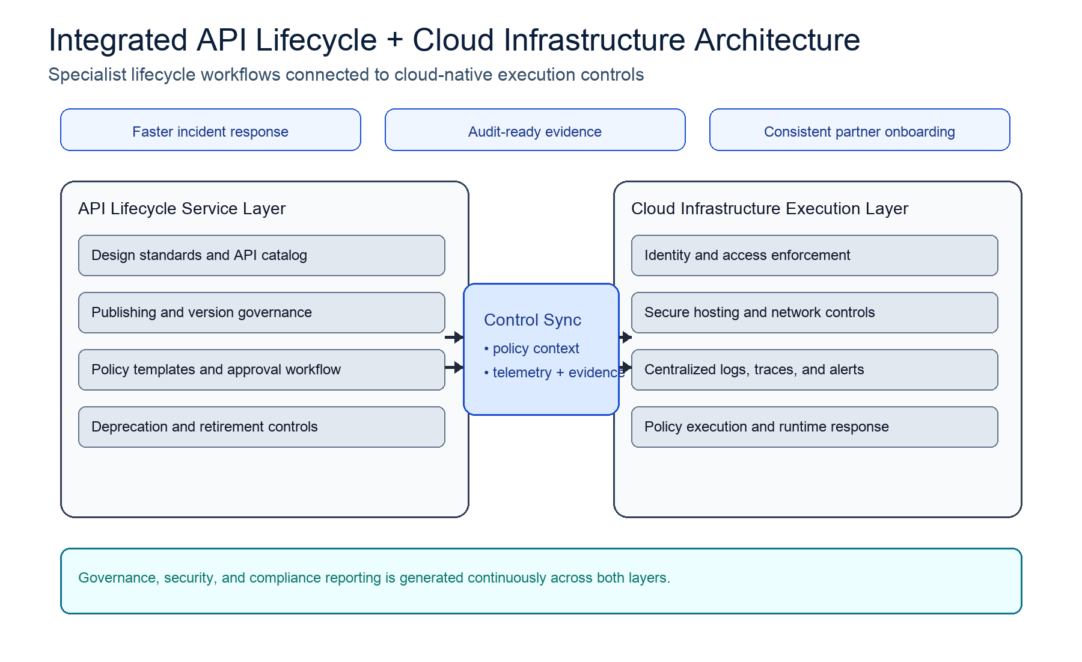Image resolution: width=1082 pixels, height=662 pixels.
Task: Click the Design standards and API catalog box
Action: point(261,255)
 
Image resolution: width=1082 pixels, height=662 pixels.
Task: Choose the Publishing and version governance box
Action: point(261,312)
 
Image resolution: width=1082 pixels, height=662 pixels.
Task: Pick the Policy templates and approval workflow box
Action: point(261,370)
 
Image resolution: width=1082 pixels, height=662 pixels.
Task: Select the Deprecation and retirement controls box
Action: point(261,427)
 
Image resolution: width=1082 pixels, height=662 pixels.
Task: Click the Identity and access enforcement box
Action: point(815,255)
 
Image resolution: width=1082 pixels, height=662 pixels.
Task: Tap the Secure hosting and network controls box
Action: point(815,312)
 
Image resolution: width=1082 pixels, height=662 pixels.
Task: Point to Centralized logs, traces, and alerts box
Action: point(815,370)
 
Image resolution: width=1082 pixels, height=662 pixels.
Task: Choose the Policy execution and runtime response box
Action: point(815,427)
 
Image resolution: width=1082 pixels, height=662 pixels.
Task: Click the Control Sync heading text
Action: point(533,320)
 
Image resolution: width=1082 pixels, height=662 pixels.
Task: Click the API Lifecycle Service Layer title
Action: point(182,208)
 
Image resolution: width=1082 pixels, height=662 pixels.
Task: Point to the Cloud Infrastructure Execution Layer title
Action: point(769,208)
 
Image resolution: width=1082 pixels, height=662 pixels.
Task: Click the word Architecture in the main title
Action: point(777,40)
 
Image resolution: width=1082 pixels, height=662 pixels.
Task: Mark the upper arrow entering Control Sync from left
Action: point(454,337)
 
